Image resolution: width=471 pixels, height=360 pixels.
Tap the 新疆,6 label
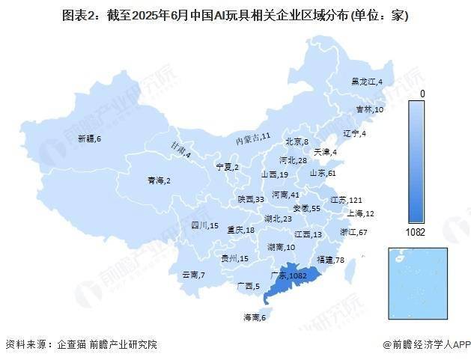tap(88, 139)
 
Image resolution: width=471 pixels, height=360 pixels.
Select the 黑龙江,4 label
tap(368, 81)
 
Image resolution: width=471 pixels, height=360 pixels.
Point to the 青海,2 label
tap(159, 180)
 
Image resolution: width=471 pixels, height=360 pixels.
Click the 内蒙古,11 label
tap(253, 138)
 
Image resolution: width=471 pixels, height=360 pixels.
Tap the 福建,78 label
tap(330, 260)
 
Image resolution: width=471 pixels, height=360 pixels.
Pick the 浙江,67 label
tap(353, 233)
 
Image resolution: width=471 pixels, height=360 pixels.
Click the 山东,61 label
tap(324, 174)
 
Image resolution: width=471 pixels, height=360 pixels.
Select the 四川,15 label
tap(204, 225)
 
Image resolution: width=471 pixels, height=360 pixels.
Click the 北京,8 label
tap(297, 142)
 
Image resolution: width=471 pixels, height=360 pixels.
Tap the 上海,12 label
tap(359, 214)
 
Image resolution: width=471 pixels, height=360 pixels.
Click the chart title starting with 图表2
tap(235, 15)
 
